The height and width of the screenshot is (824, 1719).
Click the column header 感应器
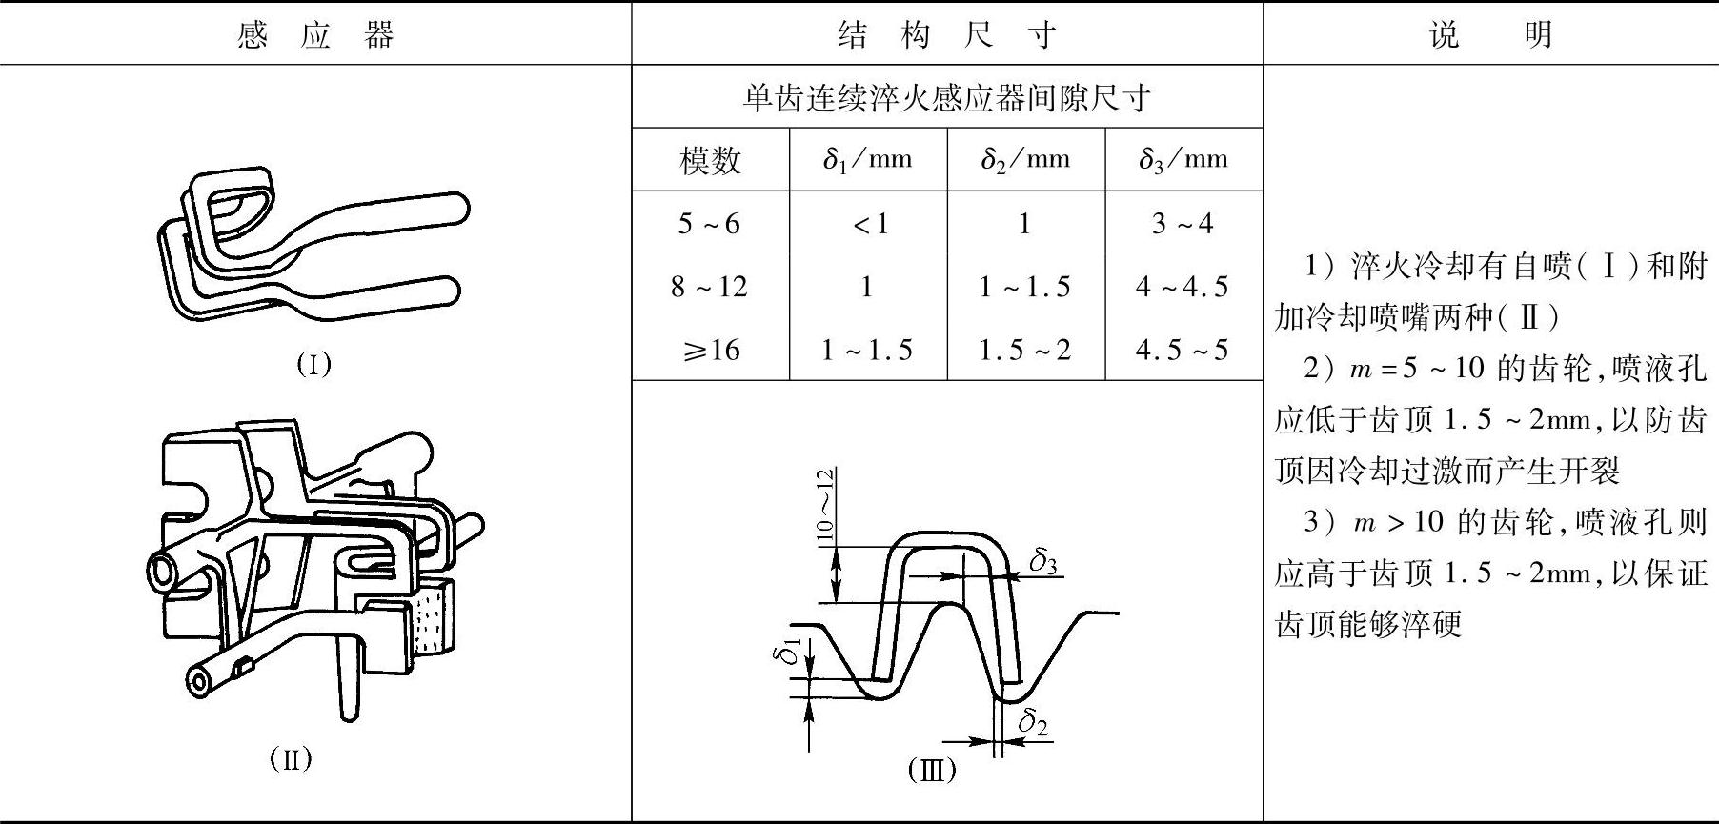[314, 36]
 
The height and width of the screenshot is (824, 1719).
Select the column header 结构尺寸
[946, 36]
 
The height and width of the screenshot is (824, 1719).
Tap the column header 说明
[1490, 36]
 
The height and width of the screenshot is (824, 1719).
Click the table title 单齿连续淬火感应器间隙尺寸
[946, 98]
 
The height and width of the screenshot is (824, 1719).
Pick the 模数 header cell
[710, 160]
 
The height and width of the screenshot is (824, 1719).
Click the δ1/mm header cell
[867, 160]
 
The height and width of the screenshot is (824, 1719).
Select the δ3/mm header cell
[1183, 160]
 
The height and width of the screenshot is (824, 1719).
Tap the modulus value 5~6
[709, 224]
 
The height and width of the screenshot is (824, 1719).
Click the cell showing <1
[868, 224]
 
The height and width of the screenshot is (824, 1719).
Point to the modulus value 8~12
[709, 287]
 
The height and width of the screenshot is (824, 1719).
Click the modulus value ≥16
[711, 351]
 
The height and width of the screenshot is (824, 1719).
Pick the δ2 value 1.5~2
[1024, 351]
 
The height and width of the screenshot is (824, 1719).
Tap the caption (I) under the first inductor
[313, 364]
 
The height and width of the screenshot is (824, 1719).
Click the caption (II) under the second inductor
[291, 759]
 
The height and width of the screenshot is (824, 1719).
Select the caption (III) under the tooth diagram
[931, 769]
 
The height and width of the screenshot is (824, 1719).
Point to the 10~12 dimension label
[825, 505]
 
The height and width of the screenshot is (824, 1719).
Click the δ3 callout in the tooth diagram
[1043, 562]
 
